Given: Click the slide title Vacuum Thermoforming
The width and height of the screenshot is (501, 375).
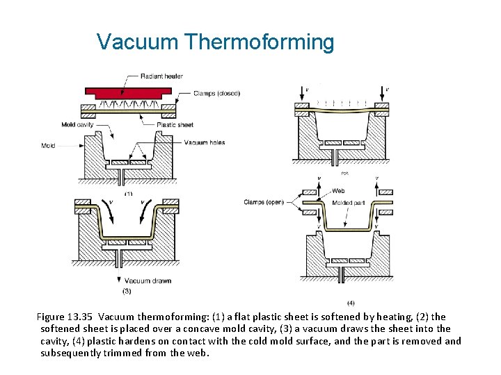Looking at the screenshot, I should click(216, 42).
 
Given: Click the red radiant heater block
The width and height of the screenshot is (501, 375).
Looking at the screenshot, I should click(128, 92).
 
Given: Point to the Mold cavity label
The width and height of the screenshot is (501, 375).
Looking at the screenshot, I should click(77, 125).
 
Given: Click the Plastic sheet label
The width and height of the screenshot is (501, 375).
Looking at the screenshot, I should click(175, 125).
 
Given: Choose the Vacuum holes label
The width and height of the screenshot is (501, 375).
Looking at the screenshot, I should click(205, 142).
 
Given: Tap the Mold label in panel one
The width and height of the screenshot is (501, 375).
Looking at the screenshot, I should click(48, 146).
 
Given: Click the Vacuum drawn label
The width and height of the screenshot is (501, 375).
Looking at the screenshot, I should click(148, 281).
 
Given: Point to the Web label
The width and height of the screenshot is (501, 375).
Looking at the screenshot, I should click(338, 191).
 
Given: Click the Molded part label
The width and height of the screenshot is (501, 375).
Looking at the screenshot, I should click(348, 202).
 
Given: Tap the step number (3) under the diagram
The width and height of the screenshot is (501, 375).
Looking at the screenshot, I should click(127, 290).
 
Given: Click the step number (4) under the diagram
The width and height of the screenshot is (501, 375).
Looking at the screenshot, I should click(351, 303).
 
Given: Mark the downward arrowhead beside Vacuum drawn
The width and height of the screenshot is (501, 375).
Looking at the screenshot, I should click(118, 279).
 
